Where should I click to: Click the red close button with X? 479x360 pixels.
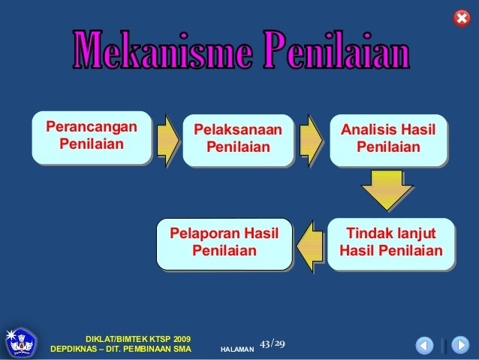[x=462, y=18]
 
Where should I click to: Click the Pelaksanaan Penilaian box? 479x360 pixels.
[x=237, y=138]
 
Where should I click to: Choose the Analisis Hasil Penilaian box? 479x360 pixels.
[x=387, y=138]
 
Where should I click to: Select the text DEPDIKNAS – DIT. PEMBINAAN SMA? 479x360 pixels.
[x=120, y=350]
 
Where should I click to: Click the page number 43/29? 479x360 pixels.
[x=272, y=344]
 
